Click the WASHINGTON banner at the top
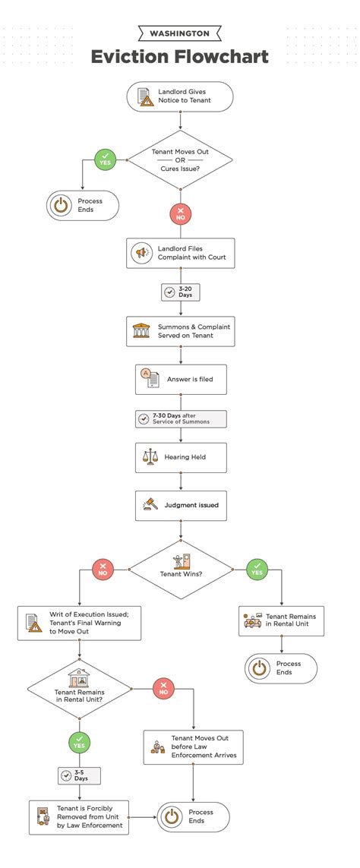pyautogui.click(x=180, y=33)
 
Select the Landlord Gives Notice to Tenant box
pyautogui.click(x=180, y=96)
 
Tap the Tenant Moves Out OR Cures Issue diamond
pyautogui.click(x=180, y=160)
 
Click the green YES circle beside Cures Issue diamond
pyautogui.click(x=105, y=160)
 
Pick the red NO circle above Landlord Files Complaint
pyautogui.click(x=180, y=214)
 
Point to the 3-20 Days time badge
pyautogui.click(x=180, y=292)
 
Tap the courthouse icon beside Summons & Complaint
pyautogui.click(x=141, y=331)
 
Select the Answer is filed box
pyautogui.click(x=181, y=379)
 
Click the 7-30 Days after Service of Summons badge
pyautogui.click(x=181, y=419)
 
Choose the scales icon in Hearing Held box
pyautogui.click(x=150, y=457)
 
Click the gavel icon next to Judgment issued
pyautogui.click(x=150, y=504)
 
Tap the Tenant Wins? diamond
pyautogui.click(x=181, y=569)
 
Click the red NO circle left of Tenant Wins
pyautogui.click(x=103, y=569)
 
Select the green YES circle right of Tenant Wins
pyautogui.click(x=257, y=569)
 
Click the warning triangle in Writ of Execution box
pyautogui.click(x=36, y=627)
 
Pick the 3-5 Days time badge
pyautogui.click(x=79, y=775)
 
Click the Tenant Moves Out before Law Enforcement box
pyautogui.click(x=194, y=747)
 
